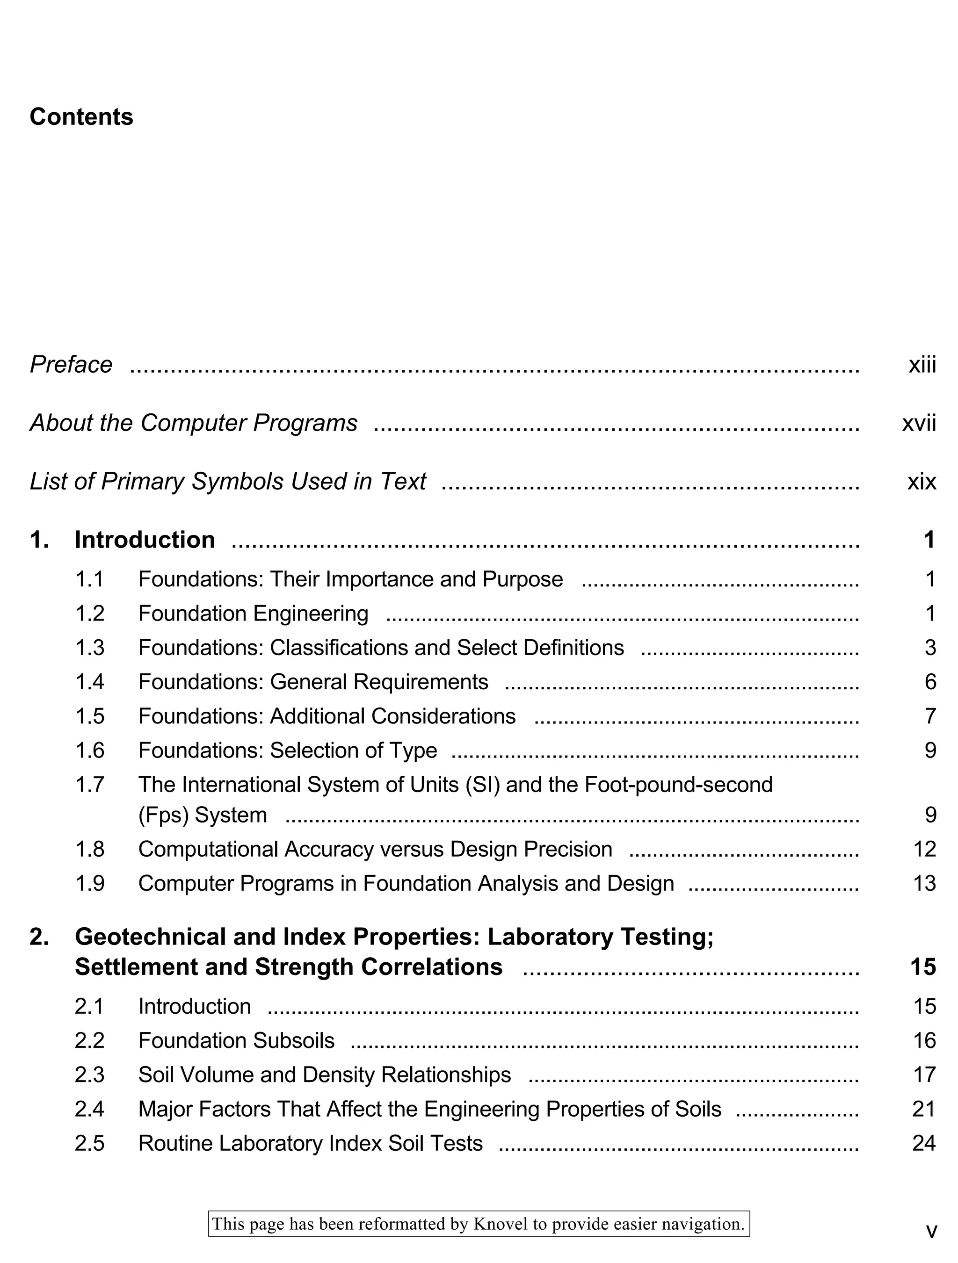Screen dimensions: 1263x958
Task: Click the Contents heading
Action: click(x=81, y=117)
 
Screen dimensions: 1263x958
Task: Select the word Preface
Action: click(x=71, y=365)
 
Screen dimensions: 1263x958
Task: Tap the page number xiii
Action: click(x=922, y=365)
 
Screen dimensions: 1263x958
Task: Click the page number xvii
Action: click(x=919, y=423)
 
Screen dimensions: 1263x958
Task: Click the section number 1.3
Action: click(x=90, y=648)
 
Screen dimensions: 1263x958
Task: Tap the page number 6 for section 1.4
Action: click(x=930, y=682)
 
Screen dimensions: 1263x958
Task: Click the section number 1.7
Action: click(x=90, y=785)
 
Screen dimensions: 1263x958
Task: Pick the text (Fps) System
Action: click(x=202, y=815)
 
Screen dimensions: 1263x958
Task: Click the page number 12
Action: click(x=924, y=849)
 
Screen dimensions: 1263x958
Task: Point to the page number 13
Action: click(x=924, y=883)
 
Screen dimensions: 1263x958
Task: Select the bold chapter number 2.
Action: click(x=39, y=937)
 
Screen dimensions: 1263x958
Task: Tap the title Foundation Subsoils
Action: click(x=236, y=1040)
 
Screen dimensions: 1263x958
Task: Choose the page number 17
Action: click(x=924, y=1075)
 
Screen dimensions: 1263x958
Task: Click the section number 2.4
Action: click(x=90, y=1109)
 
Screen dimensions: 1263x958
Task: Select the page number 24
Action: click(x=924, y=1143)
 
